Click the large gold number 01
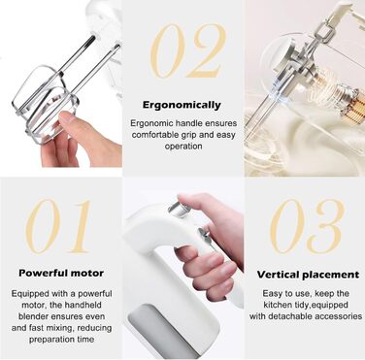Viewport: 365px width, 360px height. click(x=60, y=227)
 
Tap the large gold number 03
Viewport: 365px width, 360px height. click(x=305, y=227)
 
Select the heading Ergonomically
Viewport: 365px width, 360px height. click(x=182, y=104)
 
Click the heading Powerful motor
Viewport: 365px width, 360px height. click(x=60, y=274)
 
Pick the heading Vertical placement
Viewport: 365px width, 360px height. click(x=305, y=274)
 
